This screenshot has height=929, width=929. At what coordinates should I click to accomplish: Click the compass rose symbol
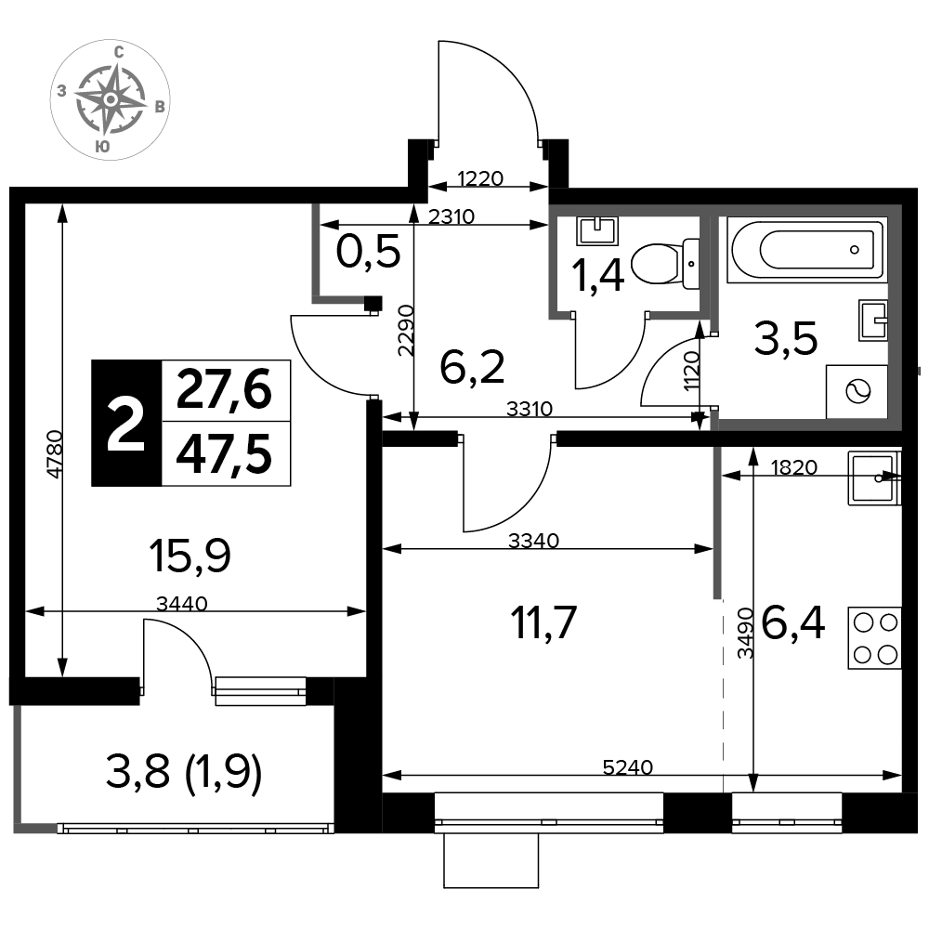tap(111, 99)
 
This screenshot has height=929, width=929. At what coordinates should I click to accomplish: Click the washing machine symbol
tap(857, 392)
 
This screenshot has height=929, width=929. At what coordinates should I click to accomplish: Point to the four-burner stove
tap(875, 638)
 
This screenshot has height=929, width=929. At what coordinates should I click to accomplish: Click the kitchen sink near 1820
tap(874, 478)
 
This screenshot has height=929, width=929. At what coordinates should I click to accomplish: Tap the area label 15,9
tap(190, 556)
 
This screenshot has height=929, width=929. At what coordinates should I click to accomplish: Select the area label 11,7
tap(543, 622)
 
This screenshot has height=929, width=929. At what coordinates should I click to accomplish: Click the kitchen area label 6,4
tap(792, 623)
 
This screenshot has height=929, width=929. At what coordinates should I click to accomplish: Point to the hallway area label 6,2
tap(472, 367)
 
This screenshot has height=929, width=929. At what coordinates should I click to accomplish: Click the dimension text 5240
tap(627, 767)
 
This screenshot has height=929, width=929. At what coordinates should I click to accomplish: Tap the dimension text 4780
tap(55, 455)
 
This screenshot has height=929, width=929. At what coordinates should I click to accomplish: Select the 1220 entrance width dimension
tap(480, 178)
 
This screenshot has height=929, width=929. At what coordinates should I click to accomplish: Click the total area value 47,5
tap(225, 454)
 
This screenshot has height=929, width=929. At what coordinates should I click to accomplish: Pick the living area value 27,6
tap(224, 390)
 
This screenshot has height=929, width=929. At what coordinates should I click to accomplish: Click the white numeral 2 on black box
tap(125, 424)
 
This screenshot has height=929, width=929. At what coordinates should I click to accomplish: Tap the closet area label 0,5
tap(368, 253)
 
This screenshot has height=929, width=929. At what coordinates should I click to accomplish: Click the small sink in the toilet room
tap(597, 231)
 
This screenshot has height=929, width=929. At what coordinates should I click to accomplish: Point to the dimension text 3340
tap(533, 541)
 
